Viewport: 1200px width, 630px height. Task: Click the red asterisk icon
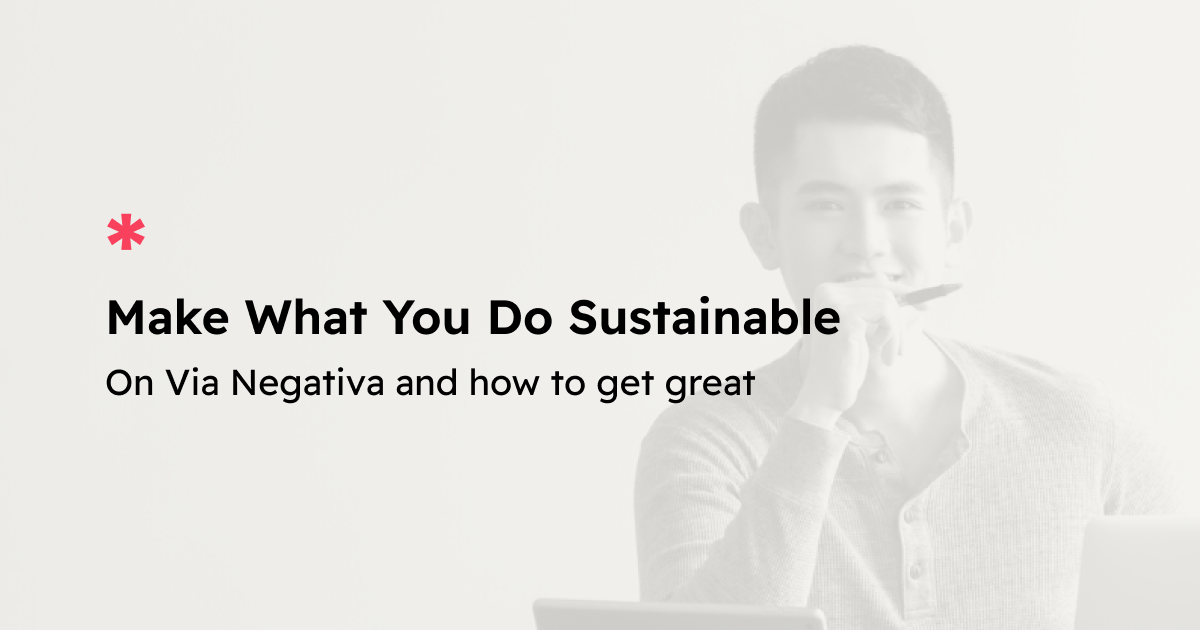[x=126, y=232]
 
